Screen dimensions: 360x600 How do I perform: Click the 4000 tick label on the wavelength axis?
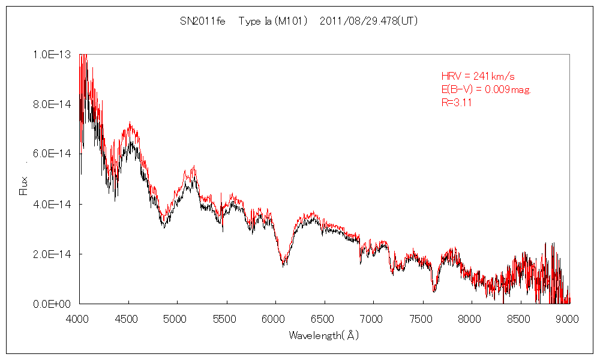click(x=79, y=319)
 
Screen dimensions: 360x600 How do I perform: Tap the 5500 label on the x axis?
click(x=226, y=319)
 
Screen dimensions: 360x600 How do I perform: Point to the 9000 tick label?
click(x=568, y=319)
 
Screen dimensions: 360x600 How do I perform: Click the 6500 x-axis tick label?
click(x=324, y=319)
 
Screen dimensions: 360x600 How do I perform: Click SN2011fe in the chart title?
click(x=202, y=22)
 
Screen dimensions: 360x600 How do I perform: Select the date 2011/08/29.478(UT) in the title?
click(x=369, y=22)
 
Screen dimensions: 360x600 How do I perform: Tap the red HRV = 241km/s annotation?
click(x=478, y=76)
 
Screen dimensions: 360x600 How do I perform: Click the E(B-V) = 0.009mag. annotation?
click(x=487, y=89)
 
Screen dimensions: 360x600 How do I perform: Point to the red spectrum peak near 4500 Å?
click(x=129, y=124)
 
